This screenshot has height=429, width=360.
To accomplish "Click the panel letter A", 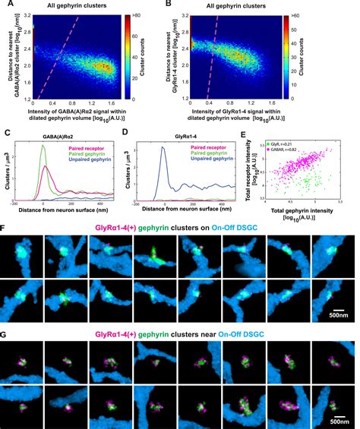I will pos(6,6).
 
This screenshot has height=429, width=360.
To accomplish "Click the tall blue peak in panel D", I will pos(163,149).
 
